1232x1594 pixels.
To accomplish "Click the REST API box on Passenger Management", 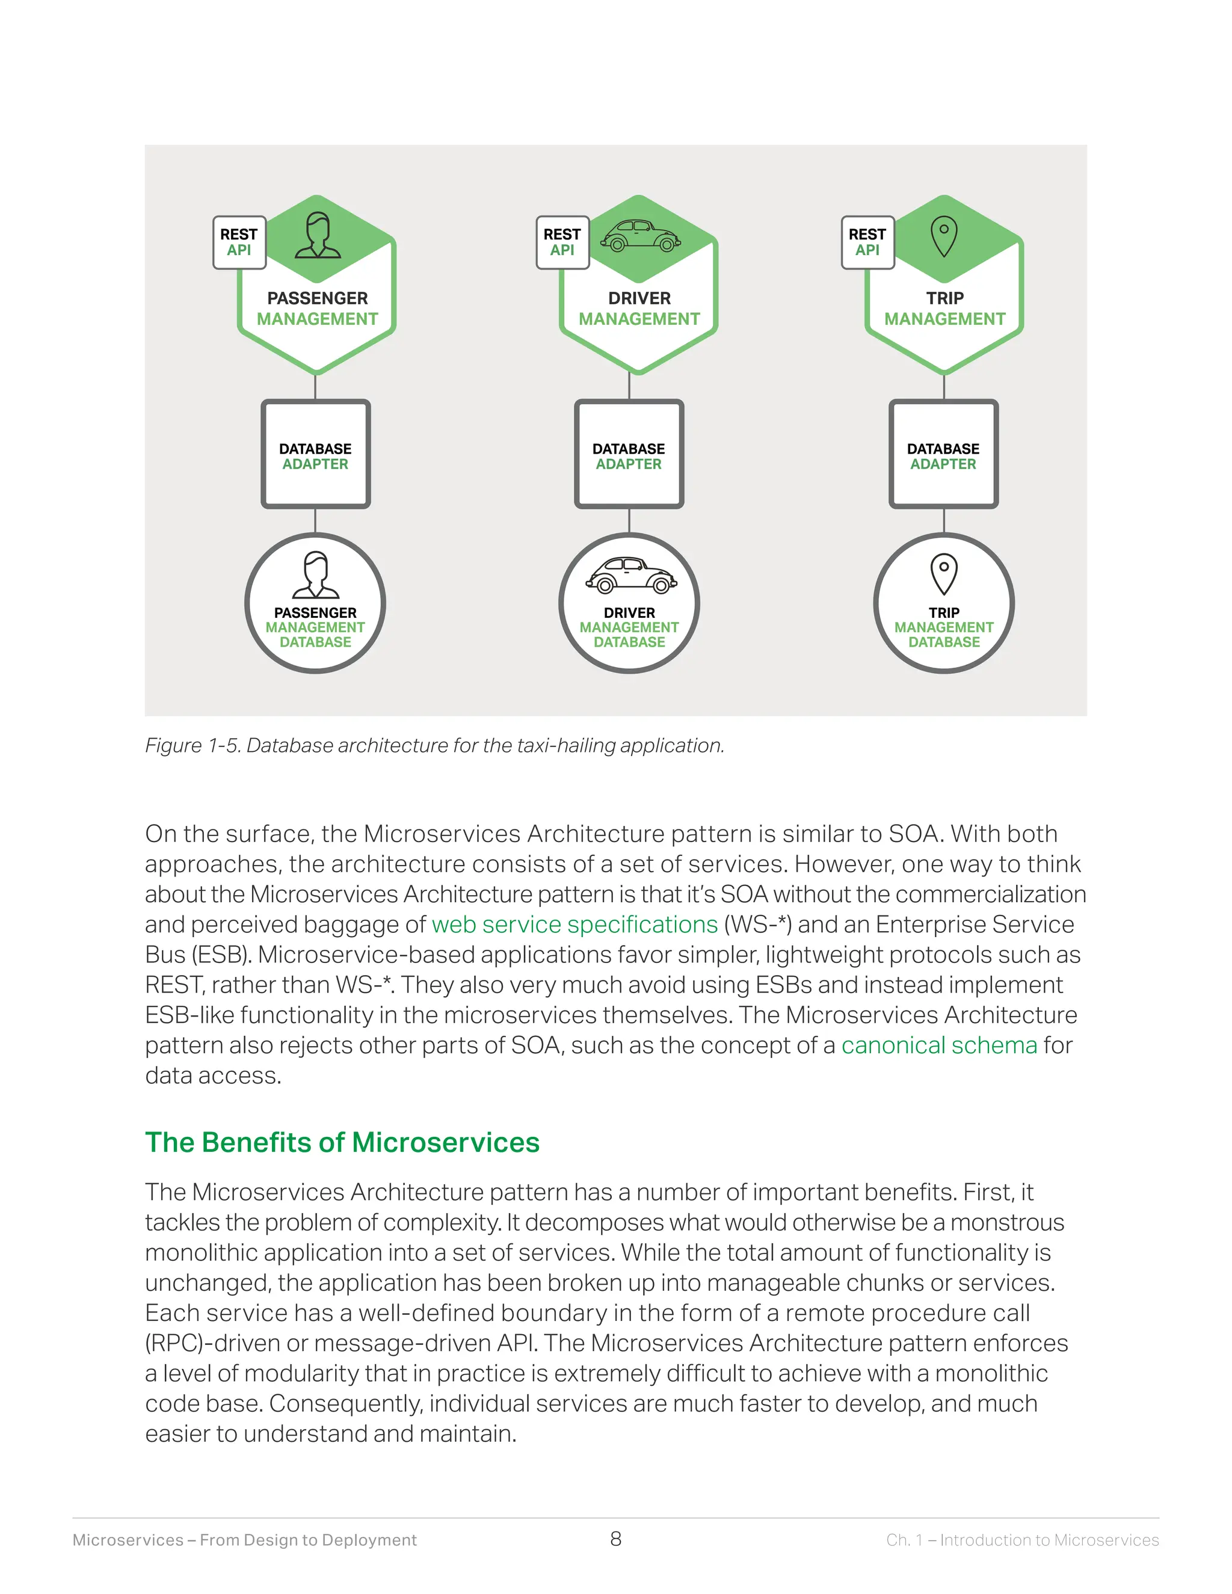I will click(x=239, y=242).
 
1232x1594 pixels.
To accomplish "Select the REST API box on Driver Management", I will click(x=562, y=242).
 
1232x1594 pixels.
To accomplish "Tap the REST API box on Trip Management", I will click(x=867, y=242).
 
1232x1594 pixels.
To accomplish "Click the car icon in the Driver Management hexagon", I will click(x=640, y=235).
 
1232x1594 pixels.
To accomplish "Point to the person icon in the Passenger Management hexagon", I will click(x=318, y=235).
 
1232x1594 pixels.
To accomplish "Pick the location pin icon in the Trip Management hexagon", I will click(x=944, y=236).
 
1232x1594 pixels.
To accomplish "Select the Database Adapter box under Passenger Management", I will click(x=315, y=454).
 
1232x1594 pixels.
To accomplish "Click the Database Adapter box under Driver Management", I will click(x=629, y=454).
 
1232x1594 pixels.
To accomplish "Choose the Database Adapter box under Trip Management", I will click(x=943, y=454).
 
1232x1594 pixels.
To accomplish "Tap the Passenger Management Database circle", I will click(x=315, y=603).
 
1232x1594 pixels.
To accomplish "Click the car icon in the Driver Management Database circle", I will click(x=630, y=575).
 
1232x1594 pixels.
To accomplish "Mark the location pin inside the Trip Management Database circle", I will click(x=944, y=574).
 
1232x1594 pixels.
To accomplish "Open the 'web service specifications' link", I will click(x=574, y=925).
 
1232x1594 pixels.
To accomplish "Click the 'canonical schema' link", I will click(x=938, y=1045).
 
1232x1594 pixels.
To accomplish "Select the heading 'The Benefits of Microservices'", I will click(x=342, y=1142).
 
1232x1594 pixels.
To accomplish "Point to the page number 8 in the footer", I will click(x=616, y=1539).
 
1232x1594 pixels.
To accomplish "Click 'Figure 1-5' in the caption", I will click(x=192, y=745).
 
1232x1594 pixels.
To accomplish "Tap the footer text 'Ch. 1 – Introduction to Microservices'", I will click(x=1022, y=1540).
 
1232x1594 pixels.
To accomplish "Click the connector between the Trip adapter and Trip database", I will click(x=944, y=520).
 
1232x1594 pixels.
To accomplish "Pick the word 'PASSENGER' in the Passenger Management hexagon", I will click(x=318, y=298).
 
